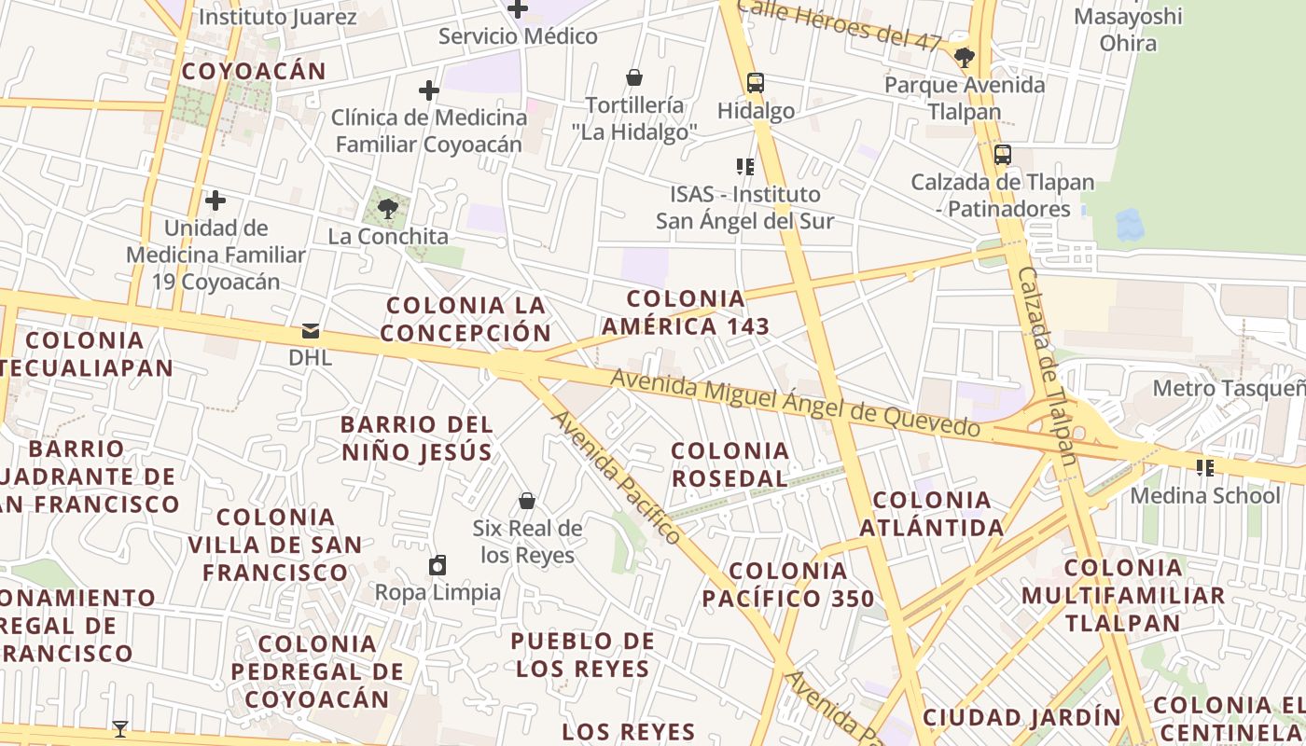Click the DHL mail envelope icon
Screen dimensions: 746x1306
pos(311,331)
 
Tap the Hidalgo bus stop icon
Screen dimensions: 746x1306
pos(756,83)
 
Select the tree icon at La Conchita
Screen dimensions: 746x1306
pos(388,208)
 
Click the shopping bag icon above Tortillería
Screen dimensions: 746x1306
pos(634,76)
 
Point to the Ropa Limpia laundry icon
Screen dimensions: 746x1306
pos(438,565)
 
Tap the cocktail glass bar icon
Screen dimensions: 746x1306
pos(120,728)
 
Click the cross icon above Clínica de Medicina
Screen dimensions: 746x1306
pos(428,90)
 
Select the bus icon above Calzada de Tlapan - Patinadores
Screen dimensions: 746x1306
pos(1003,155)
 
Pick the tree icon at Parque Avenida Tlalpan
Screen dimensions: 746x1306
pos(965,58)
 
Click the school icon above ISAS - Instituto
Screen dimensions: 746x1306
pos(744,167)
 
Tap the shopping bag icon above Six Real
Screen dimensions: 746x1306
pos(527,501)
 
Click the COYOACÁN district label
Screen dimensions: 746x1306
pos(254,71)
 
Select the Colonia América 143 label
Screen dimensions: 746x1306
pos(686,312)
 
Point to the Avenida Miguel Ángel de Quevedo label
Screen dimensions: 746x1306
pos(795,404)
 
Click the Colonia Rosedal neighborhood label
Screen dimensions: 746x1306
pos(730,464)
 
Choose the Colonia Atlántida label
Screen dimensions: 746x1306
pos(932,514)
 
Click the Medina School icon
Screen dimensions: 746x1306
pos(1205,467)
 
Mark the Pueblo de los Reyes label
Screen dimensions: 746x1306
pos(583,655)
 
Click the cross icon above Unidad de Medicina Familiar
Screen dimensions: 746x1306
pos(215,200)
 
